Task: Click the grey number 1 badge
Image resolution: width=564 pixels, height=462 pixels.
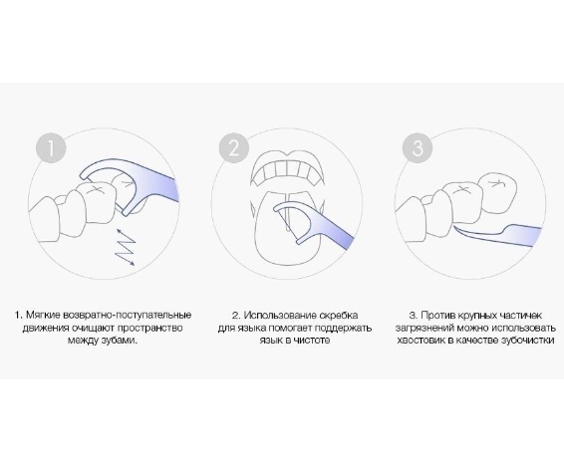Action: (x=51, y=147)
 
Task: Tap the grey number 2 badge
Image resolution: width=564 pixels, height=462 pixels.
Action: (x=234, y=147)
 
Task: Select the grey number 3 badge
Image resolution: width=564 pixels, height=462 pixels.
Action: (x=418, y=147)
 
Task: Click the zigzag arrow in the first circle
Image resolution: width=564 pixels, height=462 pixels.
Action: (x=125, y=247)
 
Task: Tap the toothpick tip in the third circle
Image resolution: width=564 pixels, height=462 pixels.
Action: (x=456, y=227)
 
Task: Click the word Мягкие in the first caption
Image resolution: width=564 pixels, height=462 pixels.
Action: (x=43, y=315)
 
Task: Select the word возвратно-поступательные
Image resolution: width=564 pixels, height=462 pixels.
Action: (x=127, y=315)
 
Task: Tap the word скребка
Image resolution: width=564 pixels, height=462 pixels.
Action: (x=339, y=315)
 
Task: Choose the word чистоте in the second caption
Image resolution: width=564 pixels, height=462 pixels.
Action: (x=312, y=341)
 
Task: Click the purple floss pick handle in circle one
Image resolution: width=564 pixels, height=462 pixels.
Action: (x=158, y=185)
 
